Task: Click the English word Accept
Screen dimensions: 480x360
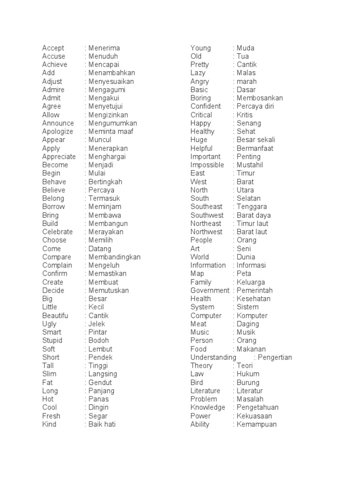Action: [53, 48]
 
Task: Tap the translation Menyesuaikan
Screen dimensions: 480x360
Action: [111, 82]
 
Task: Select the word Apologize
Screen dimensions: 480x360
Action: [58, 132]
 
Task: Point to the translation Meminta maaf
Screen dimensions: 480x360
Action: [111, 132]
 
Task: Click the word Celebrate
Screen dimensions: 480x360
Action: [58, 232]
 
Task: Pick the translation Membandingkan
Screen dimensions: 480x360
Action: [114, 257]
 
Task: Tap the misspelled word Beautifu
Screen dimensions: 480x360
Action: [55, 315]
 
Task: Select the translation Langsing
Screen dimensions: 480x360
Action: [103, 374]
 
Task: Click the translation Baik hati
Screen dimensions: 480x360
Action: [102, 424]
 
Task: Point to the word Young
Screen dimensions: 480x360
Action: [201, 48]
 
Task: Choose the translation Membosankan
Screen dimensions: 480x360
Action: [260, 98]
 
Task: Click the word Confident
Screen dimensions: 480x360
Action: [206, 106]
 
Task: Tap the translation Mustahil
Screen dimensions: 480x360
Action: [250, 165]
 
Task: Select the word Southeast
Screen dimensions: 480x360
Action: [207, 207]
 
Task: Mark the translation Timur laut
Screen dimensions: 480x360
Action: [253, 224]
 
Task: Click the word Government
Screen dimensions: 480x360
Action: [210, 291]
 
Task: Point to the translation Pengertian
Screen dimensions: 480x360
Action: [275, 358]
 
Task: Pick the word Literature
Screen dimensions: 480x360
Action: [205, 391]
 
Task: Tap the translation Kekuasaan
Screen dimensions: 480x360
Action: [255, 416]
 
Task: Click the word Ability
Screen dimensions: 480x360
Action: [200, 424]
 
